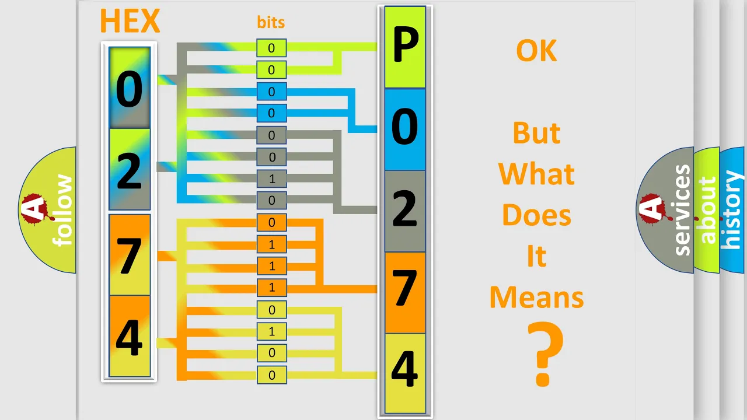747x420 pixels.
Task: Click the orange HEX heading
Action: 130,20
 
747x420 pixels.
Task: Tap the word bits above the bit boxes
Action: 271,22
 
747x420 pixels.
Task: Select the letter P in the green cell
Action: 406,44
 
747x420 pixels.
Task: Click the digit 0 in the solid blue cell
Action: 404,127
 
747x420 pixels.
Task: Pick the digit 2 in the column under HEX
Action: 130,171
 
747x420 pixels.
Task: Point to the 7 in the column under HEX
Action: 130,256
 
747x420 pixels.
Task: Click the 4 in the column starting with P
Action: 404,369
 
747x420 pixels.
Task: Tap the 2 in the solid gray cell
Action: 404,209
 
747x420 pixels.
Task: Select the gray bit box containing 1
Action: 271,179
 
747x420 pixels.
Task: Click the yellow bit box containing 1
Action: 271,332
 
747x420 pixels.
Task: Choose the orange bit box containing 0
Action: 271,222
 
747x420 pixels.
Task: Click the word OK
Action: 536,51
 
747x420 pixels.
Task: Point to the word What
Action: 536,174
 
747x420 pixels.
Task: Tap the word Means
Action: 536,297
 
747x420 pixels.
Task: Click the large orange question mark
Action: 545,353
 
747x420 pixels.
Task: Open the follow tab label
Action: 62,210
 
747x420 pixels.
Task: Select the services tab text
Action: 682,210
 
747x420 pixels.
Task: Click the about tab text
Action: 708,210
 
